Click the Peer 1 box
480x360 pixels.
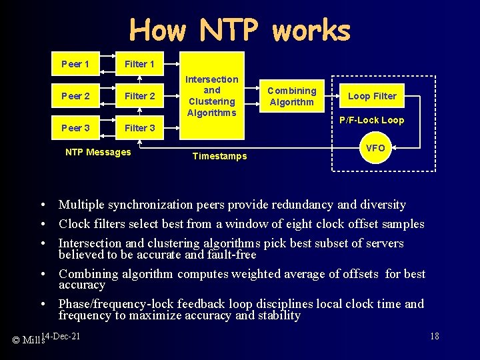click(x=75, y=64)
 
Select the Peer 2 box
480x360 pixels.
click(x=75, y=96)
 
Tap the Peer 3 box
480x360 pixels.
click(x=75, y=128)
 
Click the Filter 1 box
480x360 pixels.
click(x=140, y=64)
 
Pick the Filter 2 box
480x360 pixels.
click(x=140, y=96)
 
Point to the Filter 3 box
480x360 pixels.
click(x=140, y=128)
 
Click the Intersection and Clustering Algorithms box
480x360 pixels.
click(x=211, y=96)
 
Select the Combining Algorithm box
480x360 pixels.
click(x=291, y=96)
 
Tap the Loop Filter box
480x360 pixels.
click(x=372, y=96)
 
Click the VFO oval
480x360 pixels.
click(x=375, y=148)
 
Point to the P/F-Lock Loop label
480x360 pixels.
click(x=371, y=121)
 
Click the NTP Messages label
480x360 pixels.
click(x=98, y=153)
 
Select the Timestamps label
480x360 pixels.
click(x=219, y=156)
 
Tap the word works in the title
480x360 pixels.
click(x=311, y=30)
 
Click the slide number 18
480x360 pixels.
click(x=435, y=336)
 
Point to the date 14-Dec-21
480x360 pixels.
click(x=61, y=335)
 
